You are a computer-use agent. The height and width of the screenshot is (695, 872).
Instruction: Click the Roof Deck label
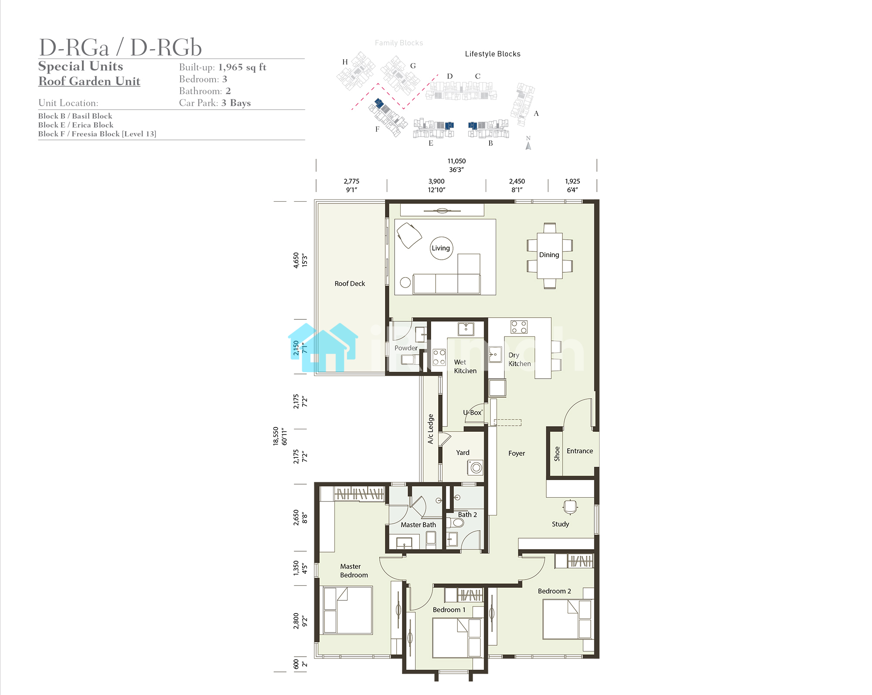[350, 284]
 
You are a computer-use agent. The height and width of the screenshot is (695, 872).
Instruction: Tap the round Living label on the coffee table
[441, 248]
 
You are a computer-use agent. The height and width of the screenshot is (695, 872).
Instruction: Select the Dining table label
[549, 255]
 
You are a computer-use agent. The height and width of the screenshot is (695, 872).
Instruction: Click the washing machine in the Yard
[476, 468]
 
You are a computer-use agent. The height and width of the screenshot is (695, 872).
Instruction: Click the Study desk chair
[570, 507]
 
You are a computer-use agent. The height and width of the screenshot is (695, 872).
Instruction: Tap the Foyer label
[517, 453]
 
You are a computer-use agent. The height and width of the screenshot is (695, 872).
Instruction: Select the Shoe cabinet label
[557, 454]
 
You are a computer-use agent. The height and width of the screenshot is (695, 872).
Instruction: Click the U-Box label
[473, 412]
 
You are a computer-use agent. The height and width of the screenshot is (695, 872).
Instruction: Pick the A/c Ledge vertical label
[431, 429]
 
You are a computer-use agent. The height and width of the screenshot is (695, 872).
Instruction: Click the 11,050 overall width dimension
[456, 161]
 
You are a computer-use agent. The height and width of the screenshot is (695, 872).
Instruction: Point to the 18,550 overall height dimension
[276, 436]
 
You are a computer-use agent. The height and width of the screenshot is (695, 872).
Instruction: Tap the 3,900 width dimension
[436, 181]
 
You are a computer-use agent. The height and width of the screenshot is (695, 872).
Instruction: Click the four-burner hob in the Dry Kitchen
[519, 327]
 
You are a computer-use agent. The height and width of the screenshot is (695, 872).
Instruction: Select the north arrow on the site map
[528, 146]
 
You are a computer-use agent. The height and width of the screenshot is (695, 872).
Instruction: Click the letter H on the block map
[345, 62]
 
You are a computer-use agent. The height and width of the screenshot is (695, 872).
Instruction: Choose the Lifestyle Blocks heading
[493, 54]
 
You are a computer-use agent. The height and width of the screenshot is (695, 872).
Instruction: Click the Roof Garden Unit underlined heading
[89, 81]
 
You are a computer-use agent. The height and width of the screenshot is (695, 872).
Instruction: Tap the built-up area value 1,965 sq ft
[242, 67]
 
